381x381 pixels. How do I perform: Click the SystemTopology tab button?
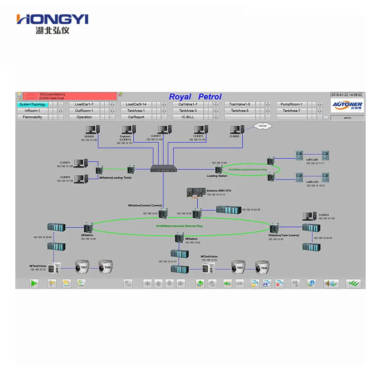coord(32,104)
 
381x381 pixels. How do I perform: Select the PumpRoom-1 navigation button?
coord(291,104)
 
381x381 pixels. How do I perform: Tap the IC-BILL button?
coord(188,117)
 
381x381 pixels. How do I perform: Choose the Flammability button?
coord(32,117)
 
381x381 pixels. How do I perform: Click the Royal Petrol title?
coord(195,97)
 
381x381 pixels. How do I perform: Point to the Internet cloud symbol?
coord(261,126)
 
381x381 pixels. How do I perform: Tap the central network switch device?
coord(164,168)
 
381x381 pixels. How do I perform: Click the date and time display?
coord(347,95)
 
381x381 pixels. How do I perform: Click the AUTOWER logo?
coord(347,105)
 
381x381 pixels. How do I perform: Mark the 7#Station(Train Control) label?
coord(283,235)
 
